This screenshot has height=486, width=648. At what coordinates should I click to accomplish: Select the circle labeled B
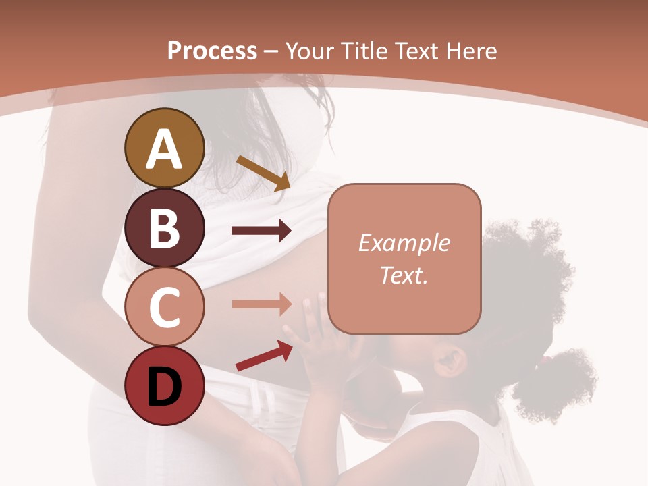165,227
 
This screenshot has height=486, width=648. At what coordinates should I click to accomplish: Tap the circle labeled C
165,307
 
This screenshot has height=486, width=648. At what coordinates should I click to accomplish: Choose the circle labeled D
165,386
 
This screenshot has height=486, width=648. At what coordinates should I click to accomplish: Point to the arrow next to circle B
261,231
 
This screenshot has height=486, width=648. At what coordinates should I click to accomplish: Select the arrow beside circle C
261,304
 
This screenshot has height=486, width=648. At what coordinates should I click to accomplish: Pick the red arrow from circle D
264,356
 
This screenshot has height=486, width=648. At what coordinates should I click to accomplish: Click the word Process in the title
212,51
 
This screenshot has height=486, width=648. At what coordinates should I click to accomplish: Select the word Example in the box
404,243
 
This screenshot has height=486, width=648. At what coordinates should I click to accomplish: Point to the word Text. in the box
404,275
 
